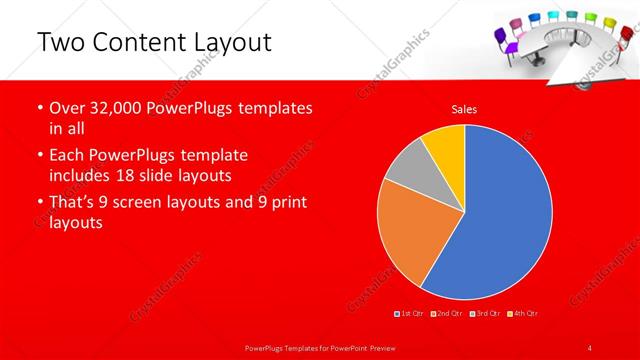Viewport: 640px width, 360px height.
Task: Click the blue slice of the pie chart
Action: point(500,220)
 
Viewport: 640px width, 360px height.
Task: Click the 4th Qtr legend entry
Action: point(521,314)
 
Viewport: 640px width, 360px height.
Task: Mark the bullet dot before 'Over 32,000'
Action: point(39,107)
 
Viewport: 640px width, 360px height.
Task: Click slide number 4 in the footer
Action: point(590,347)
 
